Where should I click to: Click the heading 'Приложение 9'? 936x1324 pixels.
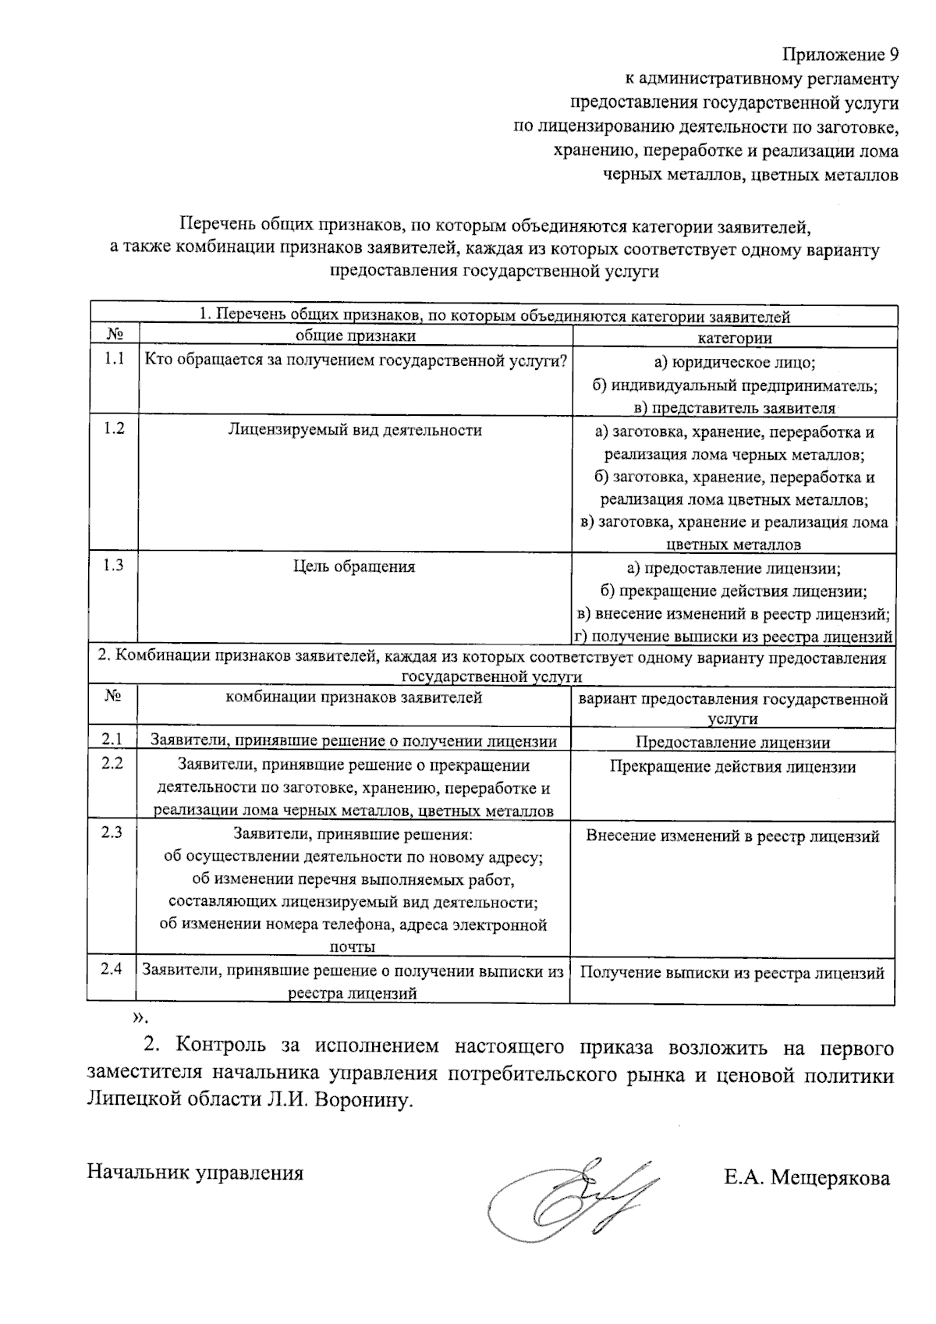click(x=840, y=55)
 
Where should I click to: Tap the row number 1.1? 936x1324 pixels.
click(x=114, y=360)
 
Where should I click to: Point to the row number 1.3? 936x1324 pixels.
click(x=114, y=566)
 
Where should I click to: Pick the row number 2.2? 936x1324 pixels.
click(x=112, y=763)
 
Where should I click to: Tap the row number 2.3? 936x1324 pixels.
click(x=112, y=832)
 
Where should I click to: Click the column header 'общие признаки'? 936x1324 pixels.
click(x=355, y=336)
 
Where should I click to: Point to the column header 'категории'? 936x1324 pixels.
click(x=734, y=338)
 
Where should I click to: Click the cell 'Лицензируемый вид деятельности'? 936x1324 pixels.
click(x=355, y=430)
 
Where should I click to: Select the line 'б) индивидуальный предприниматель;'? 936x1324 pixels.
click(x=734, y=385)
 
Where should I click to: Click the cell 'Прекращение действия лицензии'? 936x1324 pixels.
click(x=732, y=767)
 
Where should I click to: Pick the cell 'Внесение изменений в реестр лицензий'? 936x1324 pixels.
click(x=732, y=836)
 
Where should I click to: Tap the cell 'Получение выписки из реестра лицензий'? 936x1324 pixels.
click(x=732, y=973)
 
